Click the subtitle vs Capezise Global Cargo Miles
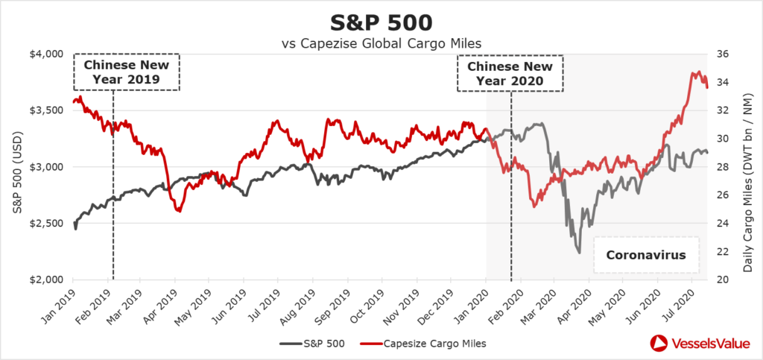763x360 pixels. [381, 43]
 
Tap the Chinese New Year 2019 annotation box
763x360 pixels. [127, 72]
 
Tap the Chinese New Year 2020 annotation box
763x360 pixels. [510, 72]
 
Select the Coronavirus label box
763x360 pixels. [645, 255]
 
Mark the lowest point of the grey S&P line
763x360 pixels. [579, 253]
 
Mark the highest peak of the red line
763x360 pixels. [697, 72]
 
